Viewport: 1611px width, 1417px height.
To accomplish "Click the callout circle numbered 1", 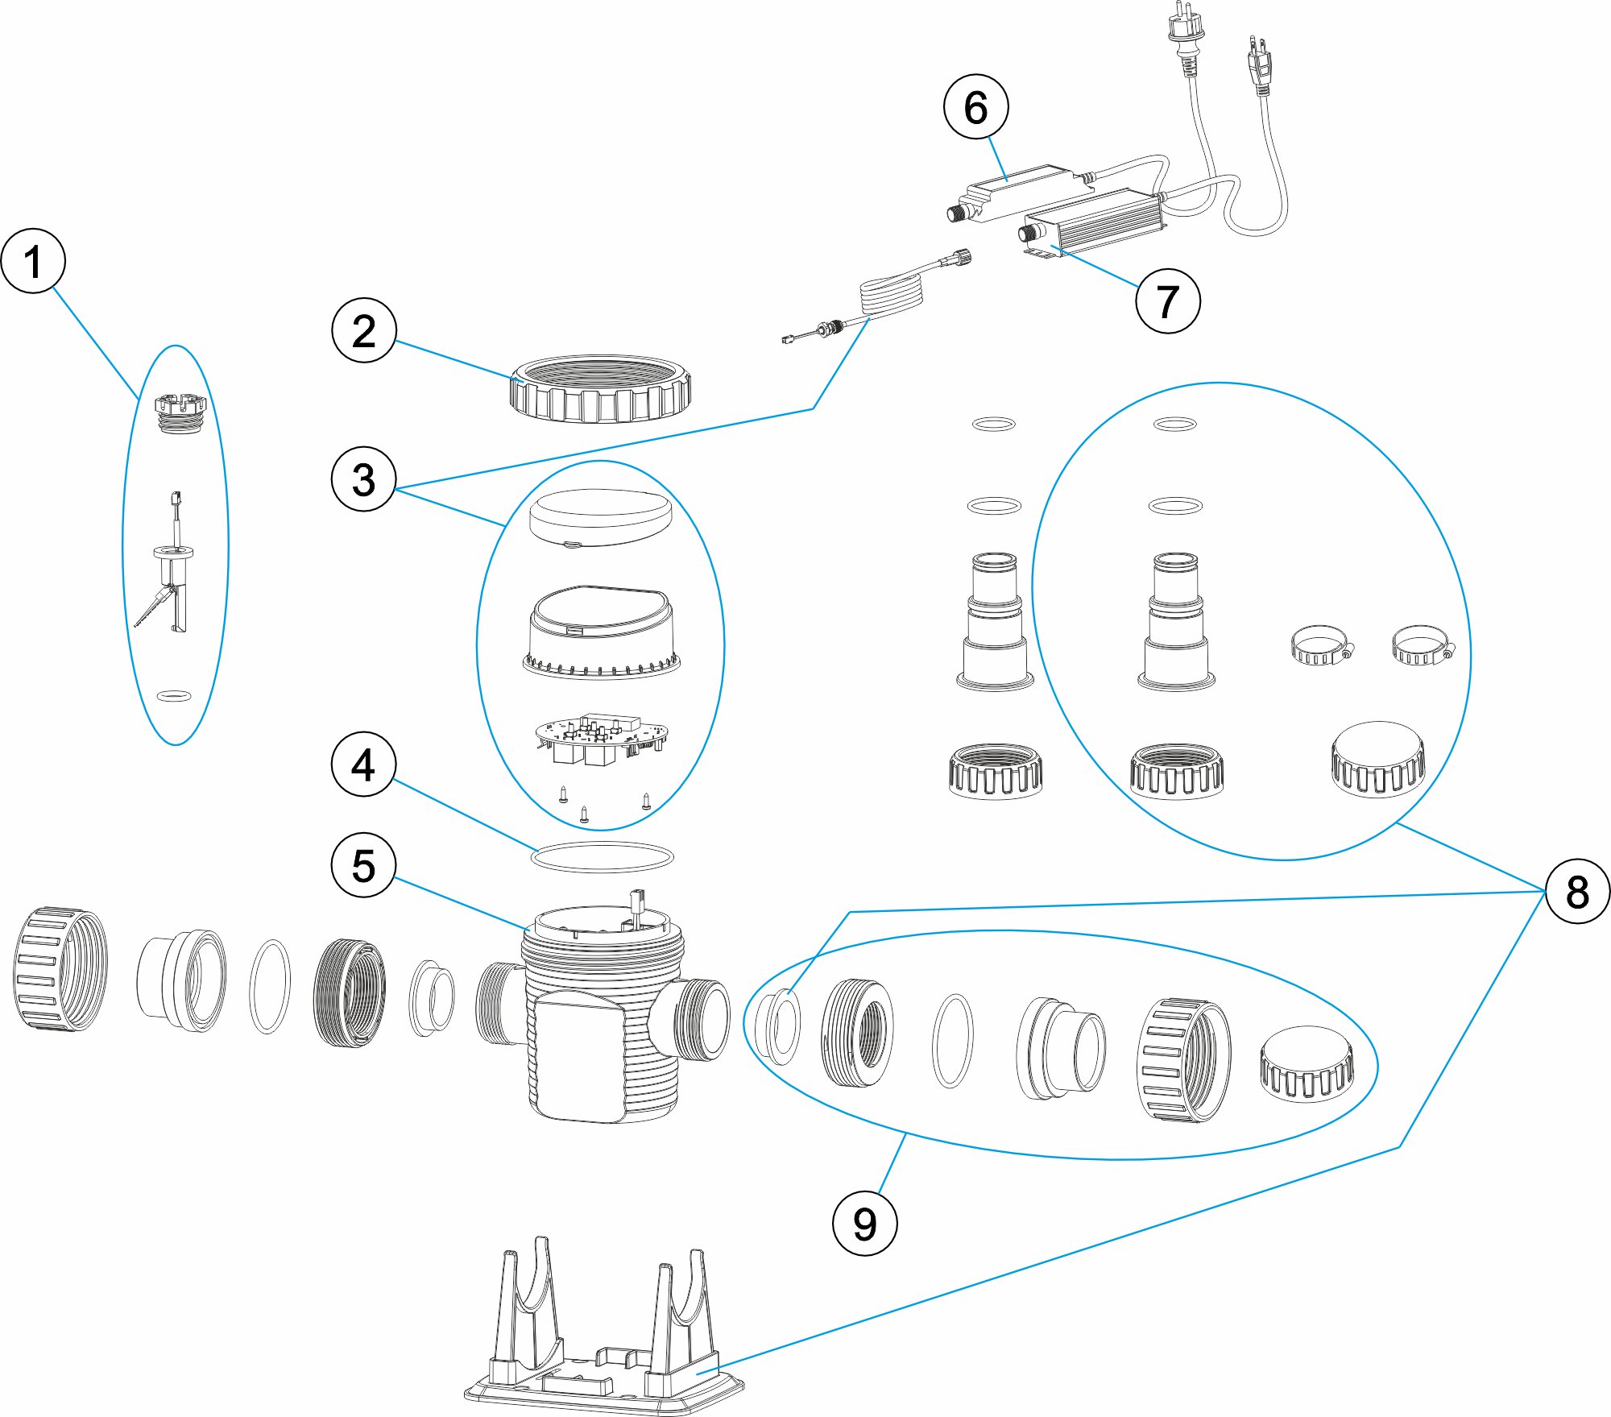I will [x=33, y=261].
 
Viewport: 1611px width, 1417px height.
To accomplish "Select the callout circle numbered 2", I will [x=364, y=330].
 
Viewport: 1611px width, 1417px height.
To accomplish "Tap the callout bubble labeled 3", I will [x=364, y=479].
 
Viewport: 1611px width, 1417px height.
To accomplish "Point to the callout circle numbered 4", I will [x=364, y=764].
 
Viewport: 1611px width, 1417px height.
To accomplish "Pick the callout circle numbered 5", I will [x=364, y=865].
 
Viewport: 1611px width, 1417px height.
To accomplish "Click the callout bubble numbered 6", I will [x=975, y=107].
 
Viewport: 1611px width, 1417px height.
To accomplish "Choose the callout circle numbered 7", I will [x=1167, y=301].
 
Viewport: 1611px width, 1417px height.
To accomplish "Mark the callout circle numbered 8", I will [x=1577, y=891].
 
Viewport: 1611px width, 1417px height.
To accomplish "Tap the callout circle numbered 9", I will [x=864, y=1224].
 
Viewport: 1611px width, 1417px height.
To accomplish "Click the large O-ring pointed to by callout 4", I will [x=602, y=857].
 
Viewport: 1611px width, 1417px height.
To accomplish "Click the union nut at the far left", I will [x=60, y=969].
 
